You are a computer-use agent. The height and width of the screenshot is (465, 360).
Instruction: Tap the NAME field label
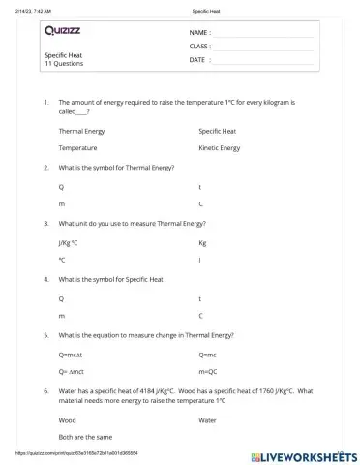pyautogui.click(x=198, y=32)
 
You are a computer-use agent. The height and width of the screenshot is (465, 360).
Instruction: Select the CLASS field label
pyautogui.click(x=199, y=46)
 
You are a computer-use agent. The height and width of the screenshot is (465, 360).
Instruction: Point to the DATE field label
pyautogui.click(x=197, y=59)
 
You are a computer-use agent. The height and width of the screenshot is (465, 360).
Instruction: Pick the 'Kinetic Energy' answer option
pyautogui.click(x=219, y=148)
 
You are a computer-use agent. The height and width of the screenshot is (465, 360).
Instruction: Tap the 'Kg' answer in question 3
pyautogui.click(x=202, y=242)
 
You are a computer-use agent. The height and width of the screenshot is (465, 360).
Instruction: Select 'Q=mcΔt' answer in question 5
pyautogui.click(x=73, y=354)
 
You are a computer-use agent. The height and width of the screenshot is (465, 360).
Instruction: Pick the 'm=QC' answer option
pyautogui.click(x=208, y=372)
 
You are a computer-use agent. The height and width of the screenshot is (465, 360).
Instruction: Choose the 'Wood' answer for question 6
pyautogui.click(x=68, y=420)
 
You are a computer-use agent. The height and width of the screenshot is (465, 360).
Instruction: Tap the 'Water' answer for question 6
pyautogui.click(x=207, y=420)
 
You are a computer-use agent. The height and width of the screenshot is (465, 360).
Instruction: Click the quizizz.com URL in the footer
pyautogui.click(x=76, y=453)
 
